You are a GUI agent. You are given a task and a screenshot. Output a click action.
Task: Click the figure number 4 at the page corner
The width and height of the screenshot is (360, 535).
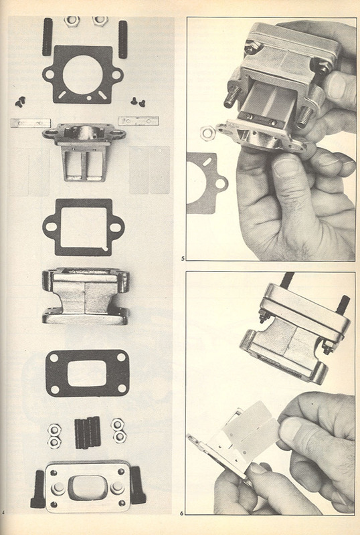[x=3, y=512]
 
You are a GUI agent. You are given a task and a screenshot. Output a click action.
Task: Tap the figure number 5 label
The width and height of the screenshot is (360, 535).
[x=183, y=259]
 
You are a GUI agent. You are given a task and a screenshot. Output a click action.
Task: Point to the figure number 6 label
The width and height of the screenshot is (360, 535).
[x=182, y=513]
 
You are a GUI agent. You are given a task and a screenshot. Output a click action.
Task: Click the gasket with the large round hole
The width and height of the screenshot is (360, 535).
[x=83, y=74]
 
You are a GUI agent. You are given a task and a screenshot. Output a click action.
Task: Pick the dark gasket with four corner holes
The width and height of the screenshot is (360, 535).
[x=88, y=373]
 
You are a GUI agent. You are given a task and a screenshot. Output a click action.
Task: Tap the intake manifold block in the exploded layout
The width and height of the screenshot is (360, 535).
[x=86, y=296]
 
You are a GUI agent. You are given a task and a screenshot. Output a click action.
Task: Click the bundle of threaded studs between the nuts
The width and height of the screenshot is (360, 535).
[x=88, y=432]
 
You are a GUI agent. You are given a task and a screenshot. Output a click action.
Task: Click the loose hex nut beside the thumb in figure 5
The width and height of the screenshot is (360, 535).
[x=207, y=132]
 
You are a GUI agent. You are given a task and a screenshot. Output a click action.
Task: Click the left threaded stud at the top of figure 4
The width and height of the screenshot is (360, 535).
[x=48, y=37]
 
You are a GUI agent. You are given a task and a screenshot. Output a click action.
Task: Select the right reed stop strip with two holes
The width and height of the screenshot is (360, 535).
[x=139, y=121]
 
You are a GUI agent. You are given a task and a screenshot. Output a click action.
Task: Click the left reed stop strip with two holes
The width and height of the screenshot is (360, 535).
[x=30, y=123]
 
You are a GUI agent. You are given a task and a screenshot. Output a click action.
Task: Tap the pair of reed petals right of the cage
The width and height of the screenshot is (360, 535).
[x=150, y=170]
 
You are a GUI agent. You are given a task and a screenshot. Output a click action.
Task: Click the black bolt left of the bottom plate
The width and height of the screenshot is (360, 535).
[x=37, y=489]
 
